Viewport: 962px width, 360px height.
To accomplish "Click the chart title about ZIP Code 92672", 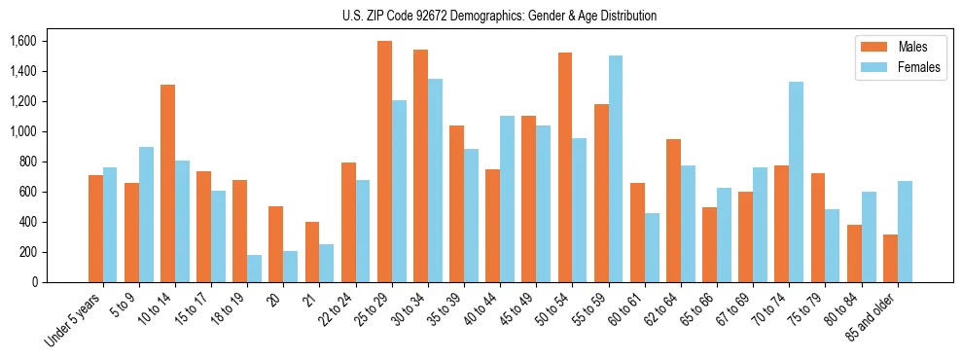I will click(499, 16).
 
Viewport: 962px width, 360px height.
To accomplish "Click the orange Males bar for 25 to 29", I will click(384, 162).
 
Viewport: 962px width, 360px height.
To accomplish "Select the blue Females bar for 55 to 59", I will click(616, 169).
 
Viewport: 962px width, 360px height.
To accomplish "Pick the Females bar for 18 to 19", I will click(255, 269).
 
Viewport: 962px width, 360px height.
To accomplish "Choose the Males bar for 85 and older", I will click(890, 258).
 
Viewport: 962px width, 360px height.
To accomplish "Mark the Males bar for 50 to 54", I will click(565, 167).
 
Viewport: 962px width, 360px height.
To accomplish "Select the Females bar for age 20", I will click(291, 267).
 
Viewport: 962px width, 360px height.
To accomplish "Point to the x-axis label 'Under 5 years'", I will click(74, 320).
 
